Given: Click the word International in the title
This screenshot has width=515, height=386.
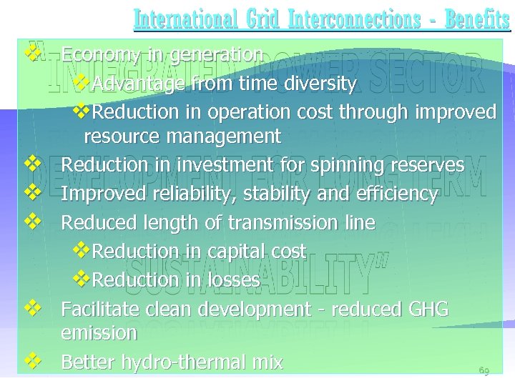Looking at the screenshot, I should [184, 19].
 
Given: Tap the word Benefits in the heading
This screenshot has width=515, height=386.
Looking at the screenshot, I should [477, 19].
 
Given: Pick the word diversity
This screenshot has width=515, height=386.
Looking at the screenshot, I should [320, 84].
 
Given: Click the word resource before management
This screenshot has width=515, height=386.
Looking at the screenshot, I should [118, 136].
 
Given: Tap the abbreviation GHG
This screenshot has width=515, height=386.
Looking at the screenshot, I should [428, 310].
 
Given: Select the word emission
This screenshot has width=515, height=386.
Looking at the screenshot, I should [99, 333].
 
